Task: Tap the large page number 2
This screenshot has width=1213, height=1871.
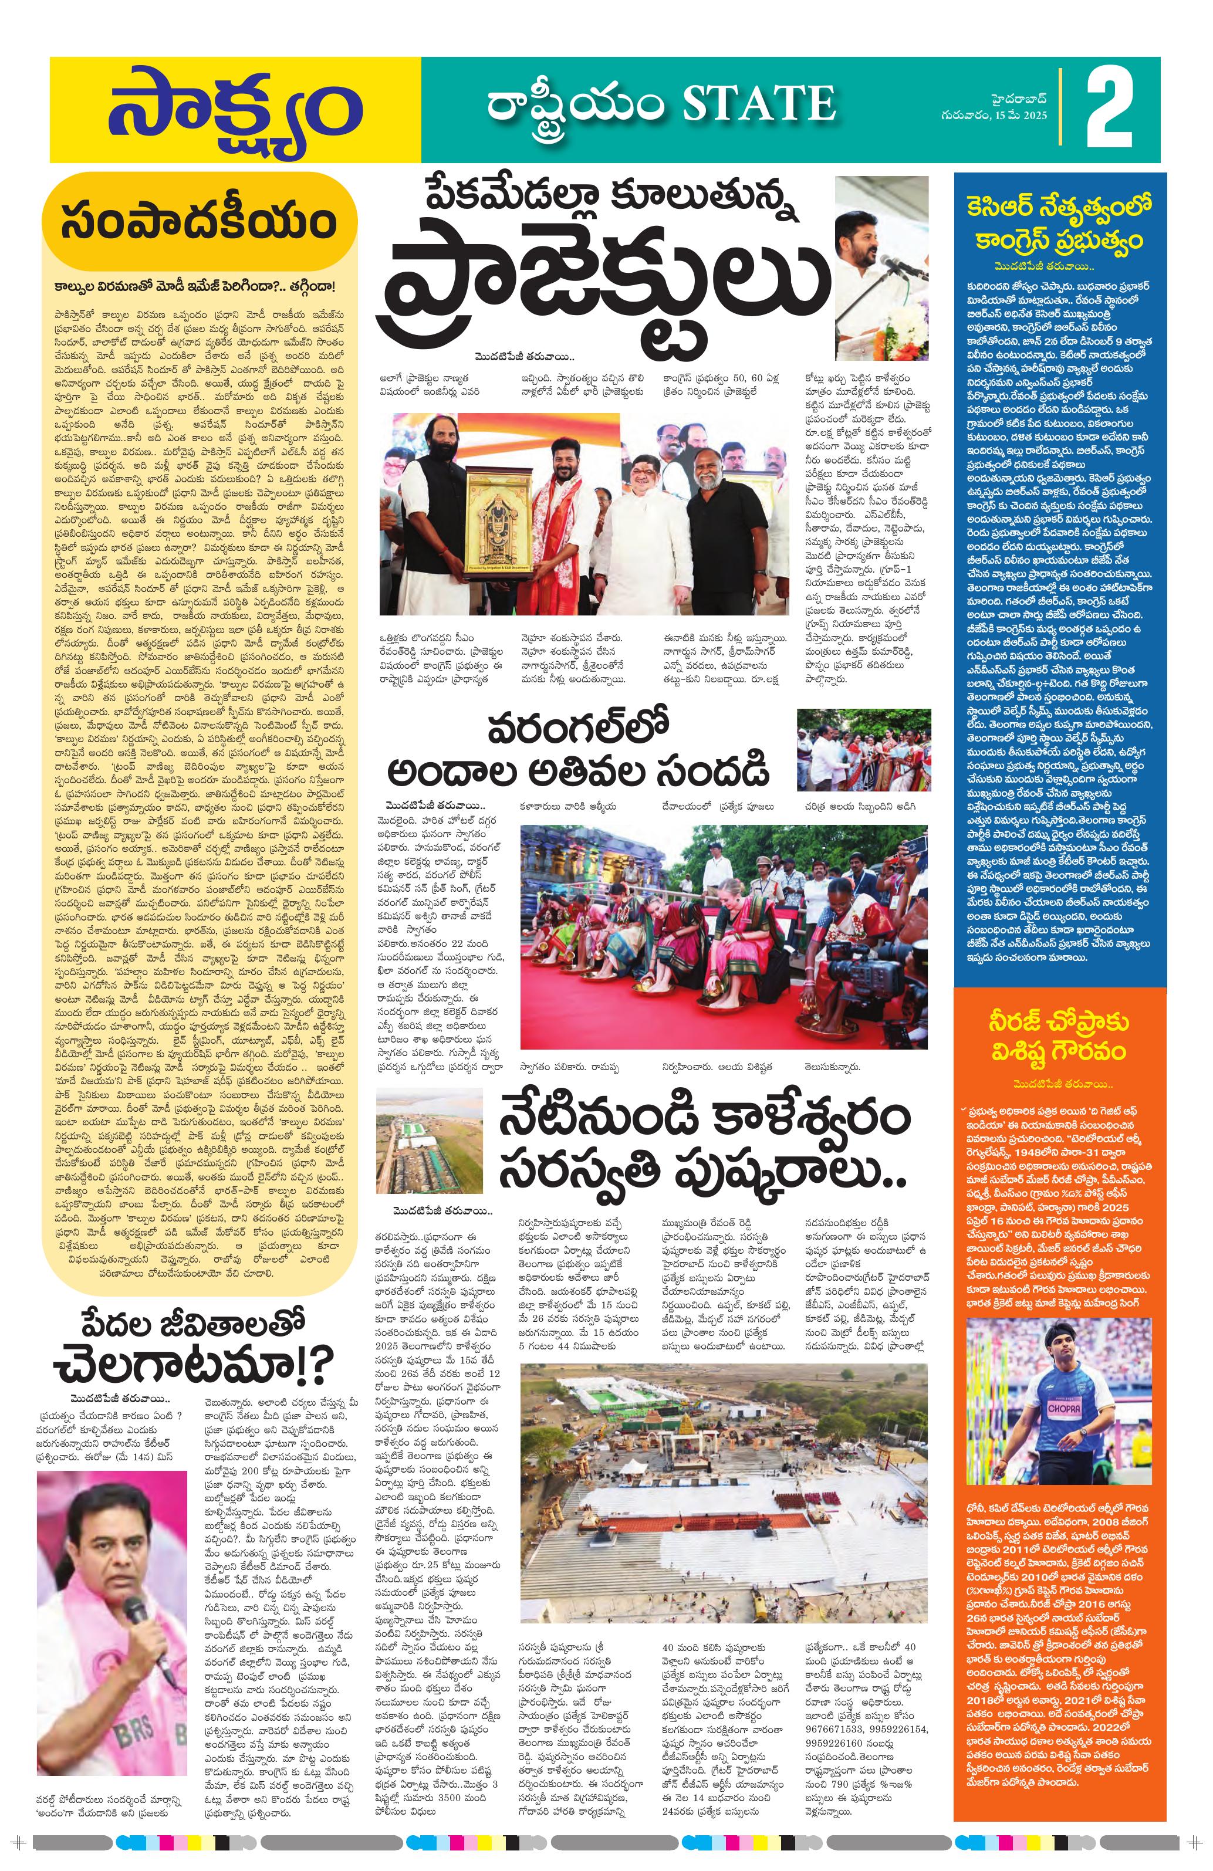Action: point(1109,111)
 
